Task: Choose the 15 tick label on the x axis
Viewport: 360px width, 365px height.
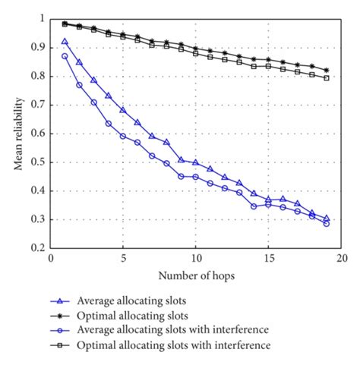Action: pyautogui.click(x=268, y=258)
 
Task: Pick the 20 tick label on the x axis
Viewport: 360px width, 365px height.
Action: pyautogui.click(x=341, y=258)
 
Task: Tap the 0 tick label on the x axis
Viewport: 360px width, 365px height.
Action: pyautogui.click(x=50, y=258)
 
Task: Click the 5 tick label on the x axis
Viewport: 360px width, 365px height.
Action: pyautogui.click(x=123, y=258)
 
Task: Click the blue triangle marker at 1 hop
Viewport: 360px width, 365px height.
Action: pyautogui.click(x=65, y=42)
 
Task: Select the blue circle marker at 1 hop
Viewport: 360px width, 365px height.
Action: pyautogui.click(x=65, y=56)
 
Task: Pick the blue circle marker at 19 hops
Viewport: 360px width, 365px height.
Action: pyautogui.click(x=327, y=223)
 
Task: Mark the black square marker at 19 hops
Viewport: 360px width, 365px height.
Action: pyautogui.click(x=327, y=78)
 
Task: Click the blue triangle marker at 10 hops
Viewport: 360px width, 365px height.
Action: pyautogui.click(x=195, y=162)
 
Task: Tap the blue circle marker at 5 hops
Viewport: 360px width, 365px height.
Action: pyautogui.click(x=123, y=136)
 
